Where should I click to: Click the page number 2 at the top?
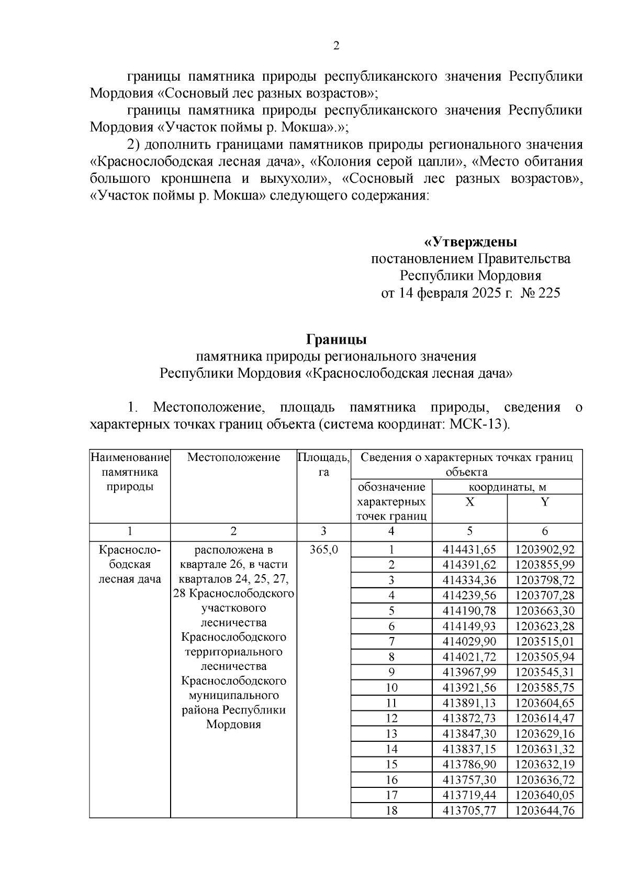336,46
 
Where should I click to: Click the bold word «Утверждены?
470,243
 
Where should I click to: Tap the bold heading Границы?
336,339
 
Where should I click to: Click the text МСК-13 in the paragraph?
479,424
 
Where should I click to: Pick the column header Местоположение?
233,457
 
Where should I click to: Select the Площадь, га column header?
323,464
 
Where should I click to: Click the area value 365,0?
323,550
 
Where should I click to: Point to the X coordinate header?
469,502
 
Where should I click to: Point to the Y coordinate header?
544,502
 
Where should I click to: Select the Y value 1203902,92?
544,550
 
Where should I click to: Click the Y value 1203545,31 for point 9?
544,672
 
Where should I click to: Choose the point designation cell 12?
391,718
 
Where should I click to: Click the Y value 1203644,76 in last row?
544,810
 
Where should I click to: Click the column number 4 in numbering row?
391,531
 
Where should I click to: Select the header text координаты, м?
507,487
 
